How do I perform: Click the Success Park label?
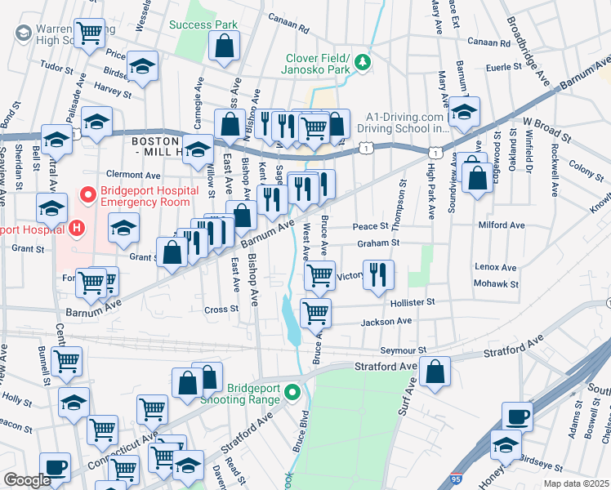click(x=203, y=24)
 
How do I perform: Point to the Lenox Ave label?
click(x=496, y=267)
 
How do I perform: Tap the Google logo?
click(x=27, y=480)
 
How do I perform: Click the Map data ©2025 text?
click(x=576, y=483)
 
